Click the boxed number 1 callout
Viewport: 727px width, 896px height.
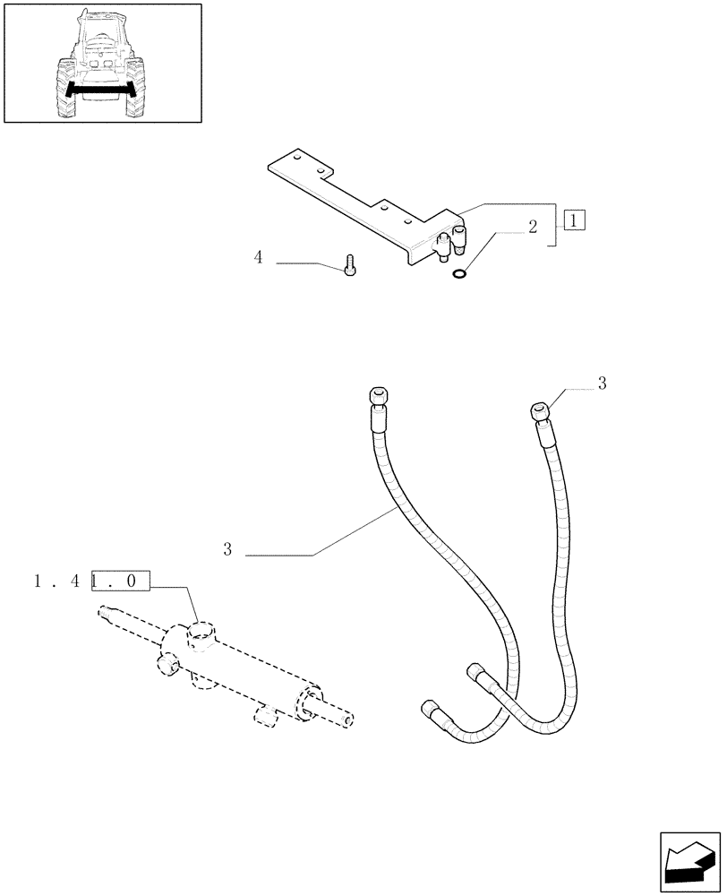coord(575,220)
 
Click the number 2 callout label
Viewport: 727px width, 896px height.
coord(532,227)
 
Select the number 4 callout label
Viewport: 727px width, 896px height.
coord(259,258)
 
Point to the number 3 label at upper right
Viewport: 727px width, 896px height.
coord(602,383)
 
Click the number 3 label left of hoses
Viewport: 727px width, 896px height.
coord(228,549)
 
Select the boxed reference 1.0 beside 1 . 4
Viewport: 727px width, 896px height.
coord(119,582)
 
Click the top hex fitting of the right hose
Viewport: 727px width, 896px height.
coord(540,410)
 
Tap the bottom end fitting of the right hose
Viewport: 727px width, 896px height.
coord(477,678)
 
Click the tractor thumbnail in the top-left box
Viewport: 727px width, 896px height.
coord(99,64)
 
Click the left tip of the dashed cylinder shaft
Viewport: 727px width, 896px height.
coord(103,613)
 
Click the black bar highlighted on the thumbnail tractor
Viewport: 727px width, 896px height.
coord(99,90)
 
